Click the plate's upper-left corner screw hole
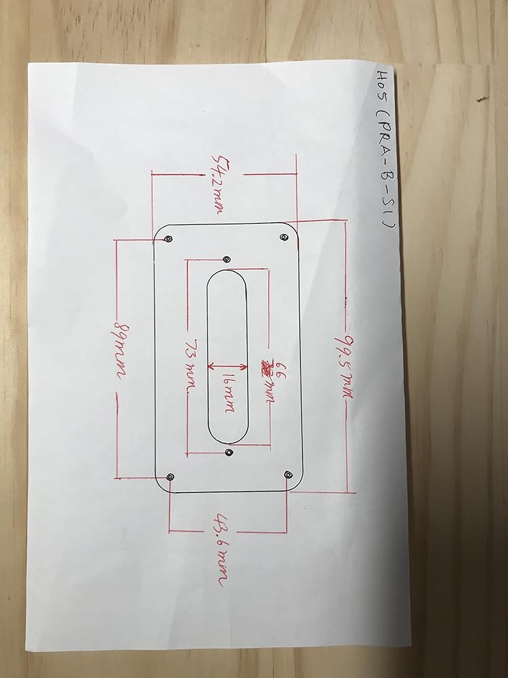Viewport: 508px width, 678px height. (169, 239)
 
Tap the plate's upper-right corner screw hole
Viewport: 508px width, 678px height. (282, 237)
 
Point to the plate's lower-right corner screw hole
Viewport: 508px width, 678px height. (289, 475)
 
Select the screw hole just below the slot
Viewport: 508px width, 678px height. (229, 452)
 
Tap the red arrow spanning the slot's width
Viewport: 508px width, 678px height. (227, 370)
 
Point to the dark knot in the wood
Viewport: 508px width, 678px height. (482, 100)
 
